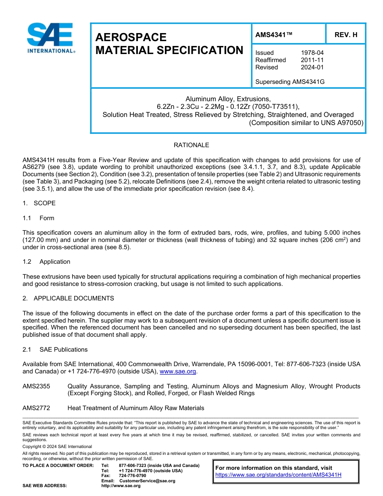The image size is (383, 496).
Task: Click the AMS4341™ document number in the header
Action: tap(274, 35)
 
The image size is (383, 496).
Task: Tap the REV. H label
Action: tap(346, 35)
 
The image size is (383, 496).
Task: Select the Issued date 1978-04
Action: tap(312, 53)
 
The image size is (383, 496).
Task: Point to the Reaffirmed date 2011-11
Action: tap(312, 60)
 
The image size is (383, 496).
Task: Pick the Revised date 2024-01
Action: tap(312, 67)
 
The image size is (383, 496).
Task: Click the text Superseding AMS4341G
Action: tap(290, 82)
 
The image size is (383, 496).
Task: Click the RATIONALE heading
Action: tap(191, 145)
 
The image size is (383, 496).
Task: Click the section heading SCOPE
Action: tap(44, 203)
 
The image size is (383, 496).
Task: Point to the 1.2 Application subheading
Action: tap(46, 262)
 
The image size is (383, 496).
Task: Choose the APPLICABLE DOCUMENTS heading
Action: tap(73, 298)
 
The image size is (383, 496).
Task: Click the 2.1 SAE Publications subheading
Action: tap(55, 350)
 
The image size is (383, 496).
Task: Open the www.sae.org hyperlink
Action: tap(178, 372)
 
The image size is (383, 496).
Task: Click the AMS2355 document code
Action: tap(36, 386)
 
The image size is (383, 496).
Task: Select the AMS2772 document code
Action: tap(36, 408)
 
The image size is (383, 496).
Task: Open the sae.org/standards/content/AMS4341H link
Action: tap(278, 475)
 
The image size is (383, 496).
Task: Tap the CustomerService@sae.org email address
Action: tap(147, 481)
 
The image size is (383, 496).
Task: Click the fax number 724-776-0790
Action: tap(132, 476)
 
